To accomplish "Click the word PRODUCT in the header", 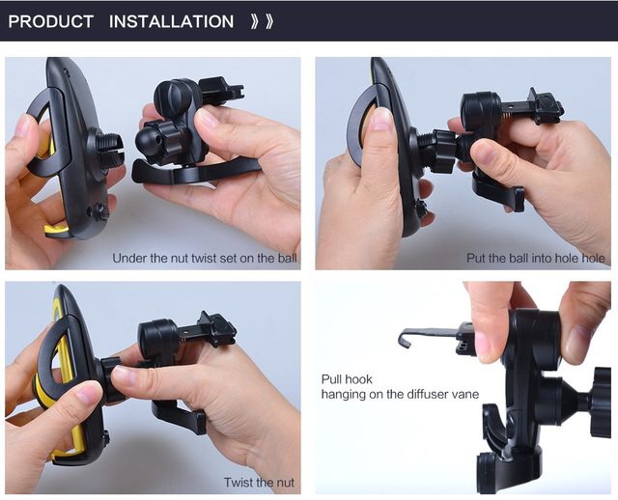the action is click(x=50, y=21).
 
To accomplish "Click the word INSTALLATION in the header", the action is click(x=172, y=21).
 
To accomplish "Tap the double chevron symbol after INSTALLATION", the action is click(x=262, y=21).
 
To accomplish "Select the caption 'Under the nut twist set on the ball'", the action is click(x=205, y=258).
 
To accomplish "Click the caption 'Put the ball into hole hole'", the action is click(x=536, y=258).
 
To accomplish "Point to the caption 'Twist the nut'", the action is click(x=259, y=483).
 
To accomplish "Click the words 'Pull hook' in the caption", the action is click(x=347, y=379).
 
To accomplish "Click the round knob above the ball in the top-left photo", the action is click(x=172, y=97).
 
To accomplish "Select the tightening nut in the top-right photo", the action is click(x=444, y=152).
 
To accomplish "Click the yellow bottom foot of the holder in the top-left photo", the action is click(x=56, y=230).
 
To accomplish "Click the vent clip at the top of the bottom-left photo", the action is click(x=216, y=328).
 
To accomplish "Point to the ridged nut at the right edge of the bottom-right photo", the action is click(x=602, y=402).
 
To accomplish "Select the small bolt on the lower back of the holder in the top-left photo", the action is click(x=99, y=212).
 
